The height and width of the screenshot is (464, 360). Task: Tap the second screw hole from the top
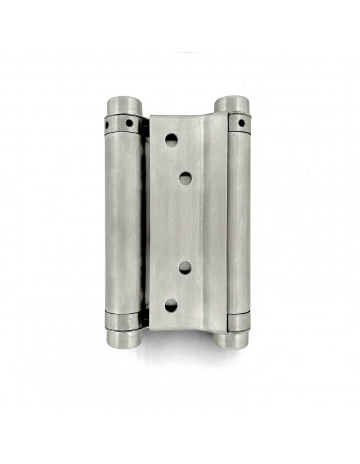pyautogui.click(x=185, y=179)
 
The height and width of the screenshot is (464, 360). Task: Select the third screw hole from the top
pyautogui.click(x=185, y=267)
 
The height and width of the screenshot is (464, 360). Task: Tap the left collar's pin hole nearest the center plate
pyautogui.click(x=129, y=122)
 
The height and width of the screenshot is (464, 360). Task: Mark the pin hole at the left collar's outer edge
pyautogui.click(x=107, y=125)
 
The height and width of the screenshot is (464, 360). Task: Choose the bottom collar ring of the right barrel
pyautogui.click(x=237, y=322)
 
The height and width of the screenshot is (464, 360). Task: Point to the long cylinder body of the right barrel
pyautogui.click(x=238, y=220)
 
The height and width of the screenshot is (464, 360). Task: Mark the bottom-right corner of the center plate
pyautogui.click(x=225, y=331)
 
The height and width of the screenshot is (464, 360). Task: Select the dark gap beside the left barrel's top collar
pyautogui.click(x=145, y=126)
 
